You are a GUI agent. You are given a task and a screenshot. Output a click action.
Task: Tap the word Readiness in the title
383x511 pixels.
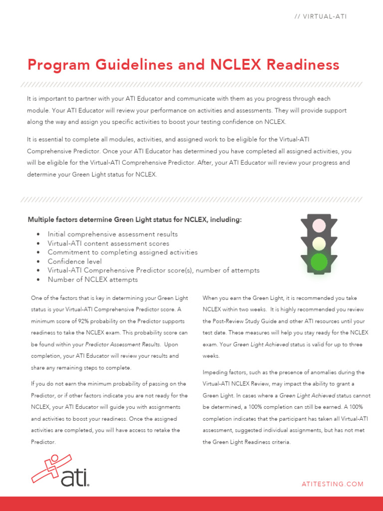302,65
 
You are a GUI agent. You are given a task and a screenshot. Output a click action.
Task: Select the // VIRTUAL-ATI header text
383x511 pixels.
320,16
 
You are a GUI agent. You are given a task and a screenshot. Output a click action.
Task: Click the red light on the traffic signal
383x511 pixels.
319,226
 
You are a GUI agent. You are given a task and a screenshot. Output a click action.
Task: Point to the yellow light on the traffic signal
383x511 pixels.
319,244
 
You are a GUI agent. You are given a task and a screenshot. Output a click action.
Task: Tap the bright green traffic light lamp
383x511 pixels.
319,261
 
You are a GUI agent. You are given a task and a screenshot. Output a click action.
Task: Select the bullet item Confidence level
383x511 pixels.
74,261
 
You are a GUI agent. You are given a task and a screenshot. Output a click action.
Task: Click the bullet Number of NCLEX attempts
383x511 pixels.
92,279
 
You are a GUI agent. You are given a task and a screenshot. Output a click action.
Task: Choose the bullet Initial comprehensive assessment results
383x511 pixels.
112,234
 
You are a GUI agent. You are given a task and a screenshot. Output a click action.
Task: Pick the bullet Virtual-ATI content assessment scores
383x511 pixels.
108,243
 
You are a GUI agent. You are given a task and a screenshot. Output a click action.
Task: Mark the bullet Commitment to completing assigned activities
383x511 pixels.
122,252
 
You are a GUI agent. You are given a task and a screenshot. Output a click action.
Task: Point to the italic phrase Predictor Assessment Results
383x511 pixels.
123,344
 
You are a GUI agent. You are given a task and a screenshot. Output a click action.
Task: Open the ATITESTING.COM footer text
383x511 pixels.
333,484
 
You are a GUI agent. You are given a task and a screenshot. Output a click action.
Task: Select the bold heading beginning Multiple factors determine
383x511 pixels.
134,220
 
